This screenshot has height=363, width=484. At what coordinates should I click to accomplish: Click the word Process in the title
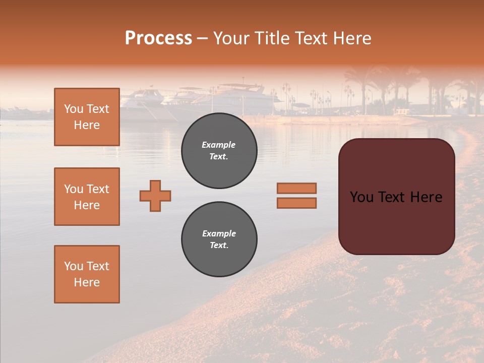point(158,38)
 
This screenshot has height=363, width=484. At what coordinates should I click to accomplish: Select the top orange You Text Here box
point(87,117)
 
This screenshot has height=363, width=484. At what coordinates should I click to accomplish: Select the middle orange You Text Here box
point(87,197)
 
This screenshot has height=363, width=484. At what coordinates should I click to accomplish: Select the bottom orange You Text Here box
point(87,274)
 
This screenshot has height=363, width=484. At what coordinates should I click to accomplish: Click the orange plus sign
point(155,196)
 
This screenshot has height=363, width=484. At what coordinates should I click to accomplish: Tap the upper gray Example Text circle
point(219,150)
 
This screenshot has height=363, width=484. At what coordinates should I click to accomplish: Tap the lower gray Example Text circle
point(219,239)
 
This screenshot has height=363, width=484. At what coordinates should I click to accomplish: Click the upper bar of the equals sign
point(296,188)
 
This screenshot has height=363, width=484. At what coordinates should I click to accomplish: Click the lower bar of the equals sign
point(296,203)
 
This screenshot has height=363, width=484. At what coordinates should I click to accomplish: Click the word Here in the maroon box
point(426,197)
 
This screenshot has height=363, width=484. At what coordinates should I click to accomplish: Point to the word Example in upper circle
point(218,145)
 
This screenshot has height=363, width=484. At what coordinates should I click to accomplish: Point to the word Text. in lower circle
point(219,246)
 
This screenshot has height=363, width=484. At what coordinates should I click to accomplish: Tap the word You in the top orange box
point(73,109)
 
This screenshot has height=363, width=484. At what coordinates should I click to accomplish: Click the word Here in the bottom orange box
point(87,282)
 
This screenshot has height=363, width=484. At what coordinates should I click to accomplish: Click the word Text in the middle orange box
point(98,189)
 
